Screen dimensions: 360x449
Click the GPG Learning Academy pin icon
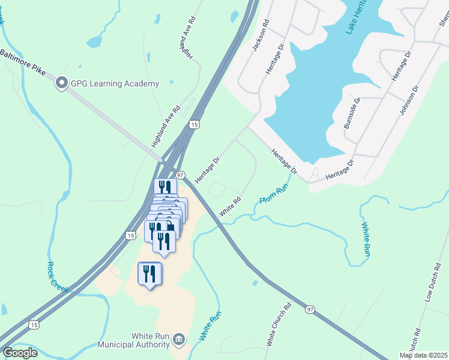point(61,83)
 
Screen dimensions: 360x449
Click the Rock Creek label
point(58,278)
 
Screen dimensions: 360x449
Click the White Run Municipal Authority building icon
point(178,340)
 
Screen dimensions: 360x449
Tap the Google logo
point(19,353)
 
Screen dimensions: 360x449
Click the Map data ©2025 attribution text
point(423,355)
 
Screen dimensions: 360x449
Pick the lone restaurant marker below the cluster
point(149,274)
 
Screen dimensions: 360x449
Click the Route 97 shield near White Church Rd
point(310,310)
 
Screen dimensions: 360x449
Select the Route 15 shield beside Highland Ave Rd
point(193,124)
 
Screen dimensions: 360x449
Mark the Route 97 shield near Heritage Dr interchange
point(180,173)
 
